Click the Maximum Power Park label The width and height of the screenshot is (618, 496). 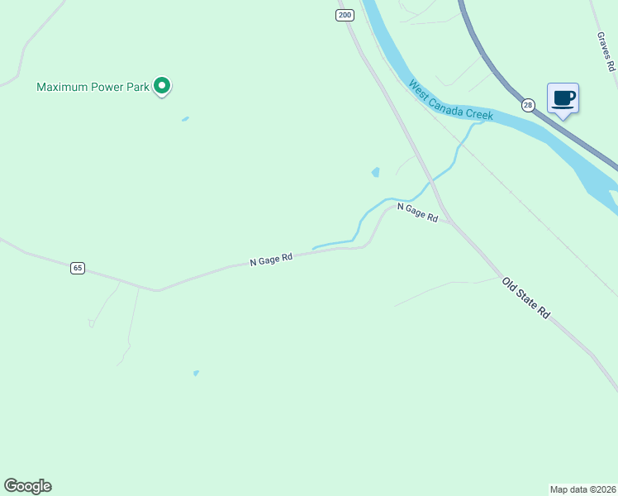coord(93,86)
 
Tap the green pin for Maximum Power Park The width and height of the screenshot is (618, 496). coord(163,84)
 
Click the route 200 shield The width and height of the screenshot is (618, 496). coord(345,15)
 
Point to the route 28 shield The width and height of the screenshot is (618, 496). coord(527,105)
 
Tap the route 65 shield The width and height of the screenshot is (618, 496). coord(77,268)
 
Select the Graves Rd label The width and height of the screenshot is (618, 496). coord(606,51)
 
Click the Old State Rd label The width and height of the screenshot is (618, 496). coord(525,298)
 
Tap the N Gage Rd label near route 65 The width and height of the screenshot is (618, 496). coord(271,260)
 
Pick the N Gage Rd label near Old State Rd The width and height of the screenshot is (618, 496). coord(417,212)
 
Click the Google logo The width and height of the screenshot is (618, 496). coord(27,486)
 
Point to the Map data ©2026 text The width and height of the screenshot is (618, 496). coord(582,489)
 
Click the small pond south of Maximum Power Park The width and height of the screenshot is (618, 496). coord(185,119)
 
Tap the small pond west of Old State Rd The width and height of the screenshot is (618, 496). coord(376,173)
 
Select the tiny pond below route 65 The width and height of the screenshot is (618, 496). coord(196,374)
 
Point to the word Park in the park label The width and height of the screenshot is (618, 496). coord(135,86)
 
